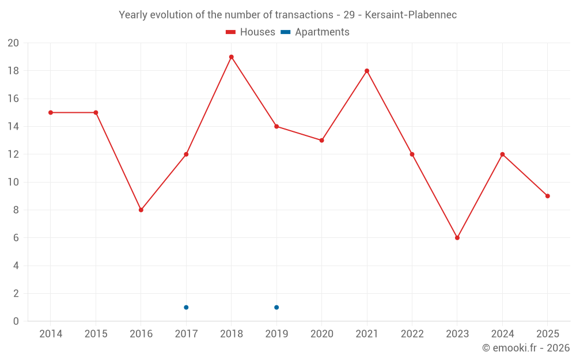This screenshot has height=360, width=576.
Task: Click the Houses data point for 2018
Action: (x=232, y=57)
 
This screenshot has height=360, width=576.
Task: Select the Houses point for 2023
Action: (x=457, y=238)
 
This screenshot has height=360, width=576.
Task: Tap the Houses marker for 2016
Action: (x=141, y=210)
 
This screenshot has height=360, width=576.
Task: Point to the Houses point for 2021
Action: (x=367, y=71)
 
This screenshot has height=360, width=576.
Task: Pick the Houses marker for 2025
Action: (x=548, y=196)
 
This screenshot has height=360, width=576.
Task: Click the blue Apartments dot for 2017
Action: (x=186, y=307)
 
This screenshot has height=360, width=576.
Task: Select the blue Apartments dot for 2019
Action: (x=276, y=307)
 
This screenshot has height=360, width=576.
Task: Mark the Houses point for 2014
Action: (x=51, y=112)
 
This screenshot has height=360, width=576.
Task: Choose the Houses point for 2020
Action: (x=322, y=141)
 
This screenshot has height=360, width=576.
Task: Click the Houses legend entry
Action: (x=251, y=32)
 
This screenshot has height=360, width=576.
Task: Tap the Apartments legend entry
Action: (x=315, y=32)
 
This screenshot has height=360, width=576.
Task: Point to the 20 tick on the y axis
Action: (x=13, y=43)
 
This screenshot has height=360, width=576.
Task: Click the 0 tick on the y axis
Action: (x=16, y=321)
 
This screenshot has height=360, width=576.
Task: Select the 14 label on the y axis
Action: (x=13, y=126)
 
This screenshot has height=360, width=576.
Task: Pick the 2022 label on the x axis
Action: (x=412, y=334)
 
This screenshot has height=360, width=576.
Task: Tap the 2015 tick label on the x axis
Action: (x=96, y=334)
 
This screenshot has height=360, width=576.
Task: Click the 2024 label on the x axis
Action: (x=502, y=334)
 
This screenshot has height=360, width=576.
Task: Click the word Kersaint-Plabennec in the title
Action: (x=411, y=15)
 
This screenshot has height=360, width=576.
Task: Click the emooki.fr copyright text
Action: (x=526, y=347)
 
